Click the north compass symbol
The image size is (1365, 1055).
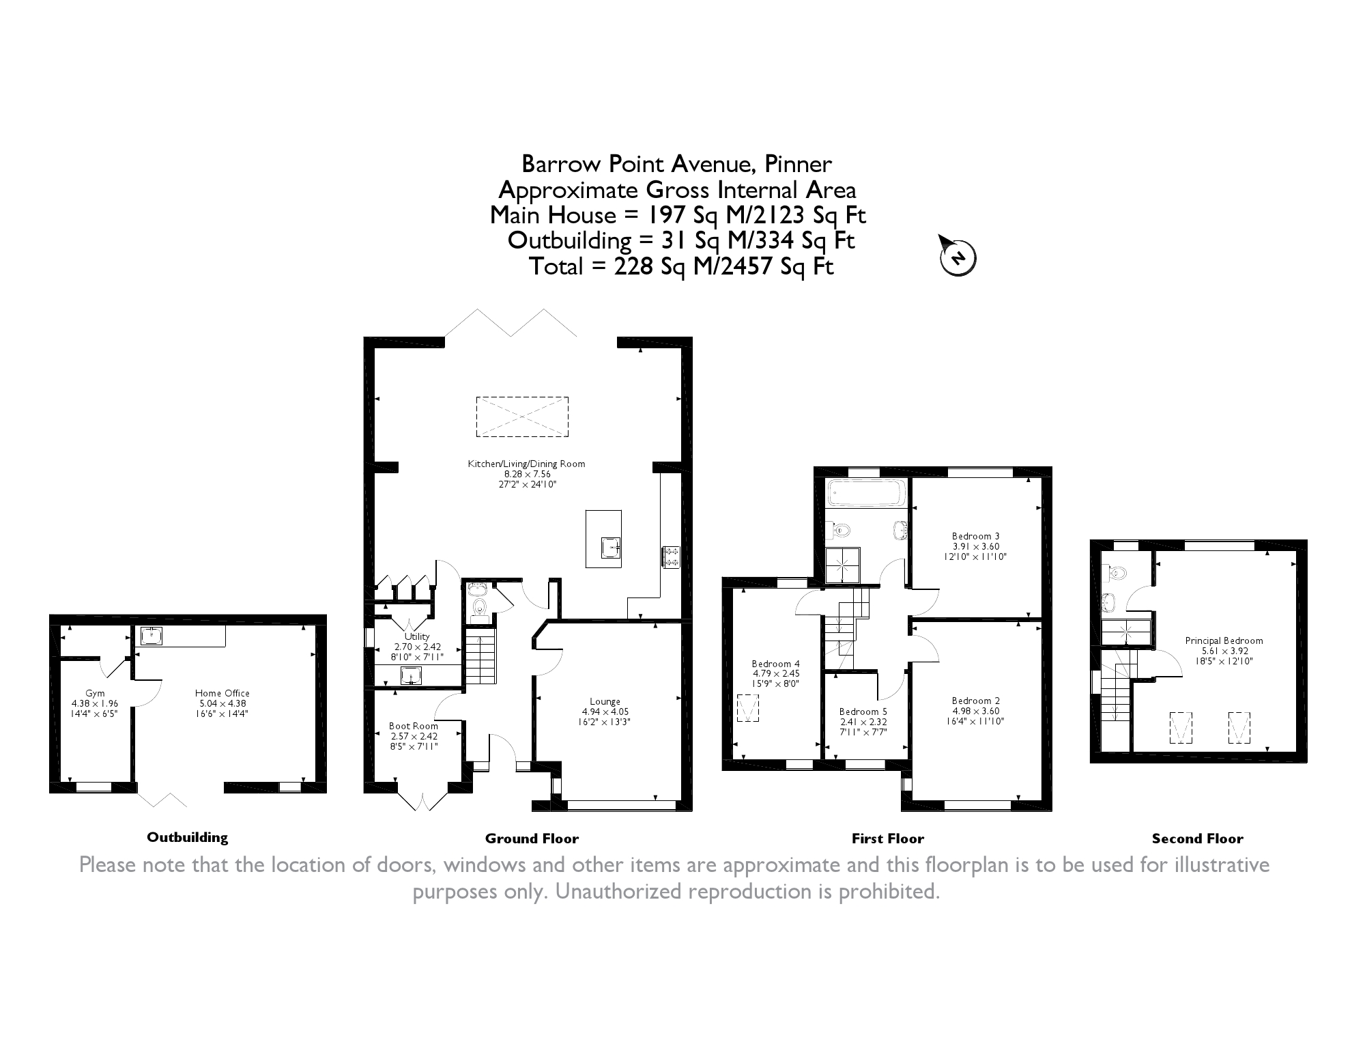(x=958, y=257)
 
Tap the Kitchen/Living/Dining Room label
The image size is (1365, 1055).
(x=526, y=464)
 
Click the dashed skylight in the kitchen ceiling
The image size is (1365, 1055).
(x=522, y=416)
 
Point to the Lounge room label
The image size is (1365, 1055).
(x=605, y=701)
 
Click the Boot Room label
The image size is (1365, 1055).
(x=414, y=726)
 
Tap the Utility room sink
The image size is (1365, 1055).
(x=410, y=675)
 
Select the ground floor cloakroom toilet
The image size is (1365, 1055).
(x=480, y=608)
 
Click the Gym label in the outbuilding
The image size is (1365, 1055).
(x=95, y=693)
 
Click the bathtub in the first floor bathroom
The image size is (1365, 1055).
(x=865, y=493)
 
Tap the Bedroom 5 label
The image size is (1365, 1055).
(x=863, y=712)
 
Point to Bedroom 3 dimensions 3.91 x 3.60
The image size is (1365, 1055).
(x=976, y=546)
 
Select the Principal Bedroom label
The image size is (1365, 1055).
(x=1224, y=641)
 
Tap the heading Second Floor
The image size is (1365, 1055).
(x=1197, y=839)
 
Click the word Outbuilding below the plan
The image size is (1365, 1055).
(x=187, y=837)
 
